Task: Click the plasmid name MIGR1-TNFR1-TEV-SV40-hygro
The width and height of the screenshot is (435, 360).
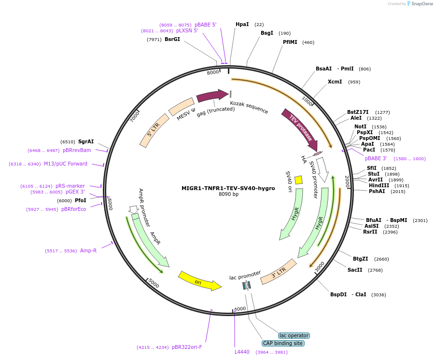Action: (x=228, y=188)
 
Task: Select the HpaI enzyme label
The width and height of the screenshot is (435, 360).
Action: (x=242, y=24)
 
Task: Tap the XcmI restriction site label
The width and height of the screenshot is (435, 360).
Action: (x=335, y=82)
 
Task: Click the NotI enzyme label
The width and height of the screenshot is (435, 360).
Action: (x=360, y=126)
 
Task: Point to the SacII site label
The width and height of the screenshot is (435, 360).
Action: (x=355, y=270)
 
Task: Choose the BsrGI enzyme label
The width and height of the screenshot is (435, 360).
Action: (x=172, y=39)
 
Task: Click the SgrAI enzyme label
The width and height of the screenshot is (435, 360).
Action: (x=86, y=141)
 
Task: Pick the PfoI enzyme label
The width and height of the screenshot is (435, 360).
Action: (x=80, y=200)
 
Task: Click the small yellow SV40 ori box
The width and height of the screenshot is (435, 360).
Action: (x=298, y=180)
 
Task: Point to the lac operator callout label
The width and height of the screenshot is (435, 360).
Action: (x=294, y=335)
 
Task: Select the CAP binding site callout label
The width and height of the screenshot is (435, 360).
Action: (x=283, y=343)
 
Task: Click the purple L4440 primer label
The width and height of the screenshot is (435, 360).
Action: (x=242, y=352)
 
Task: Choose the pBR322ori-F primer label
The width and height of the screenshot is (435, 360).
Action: (x=187, y=346)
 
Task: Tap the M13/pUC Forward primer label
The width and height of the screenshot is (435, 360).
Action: (x=66, y=164)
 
